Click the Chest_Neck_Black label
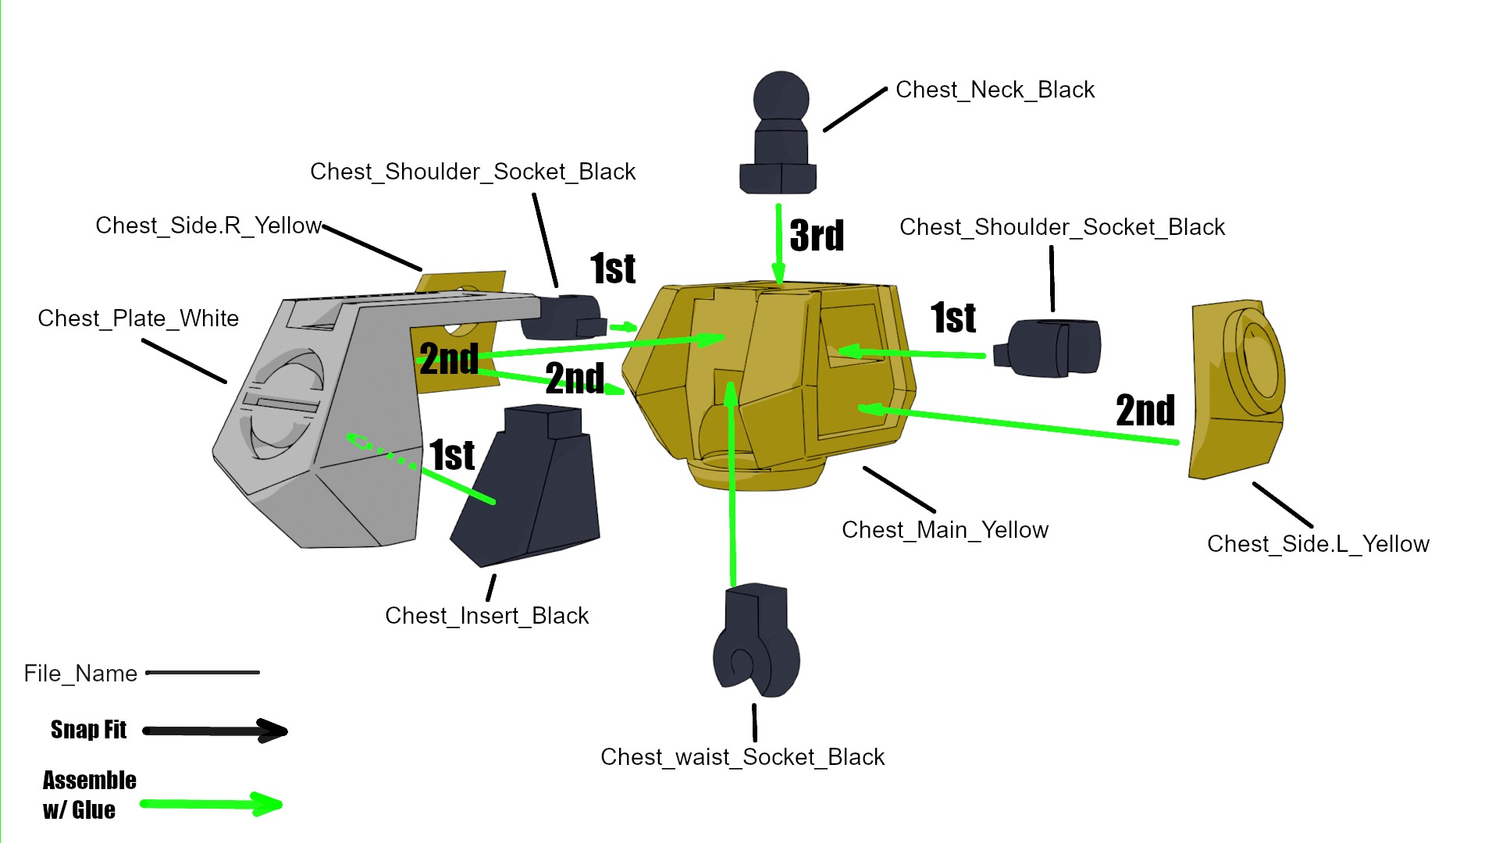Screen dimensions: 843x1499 pyautogui.click(x=995, y=90)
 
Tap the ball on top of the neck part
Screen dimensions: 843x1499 pyautogui.click(x=781, y=98)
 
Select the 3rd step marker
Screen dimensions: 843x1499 pyautogui.click(x=817, y=235)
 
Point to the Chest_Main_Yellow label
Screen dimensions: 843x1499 pyautogui.click(x=945, y=530)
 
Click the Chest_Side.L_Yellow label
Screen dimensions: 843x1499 pyautogui.click(x=1318, y=544)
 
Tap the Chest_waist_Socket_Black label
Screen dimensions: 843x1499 pyautogui.click(x=742, y=757)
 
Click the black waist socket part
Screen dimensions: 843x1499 pyautogui.click(x=756, y=640)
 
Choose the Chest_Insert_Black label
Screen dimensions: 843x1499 pyautogui.click(x=486, y=616)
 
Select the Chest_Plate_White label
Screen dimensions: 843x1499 pyautogui.click(x=138, y=318)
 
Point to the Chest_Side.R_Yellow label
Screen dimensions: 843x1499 pyautogui.click(x=208, y=226)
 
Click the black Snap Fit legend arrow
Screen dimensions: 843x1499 pyautogui.click(x=215, y=731)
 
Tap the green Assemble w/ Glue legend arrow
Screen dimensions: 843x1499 pyautogui.click(x=212, y=804)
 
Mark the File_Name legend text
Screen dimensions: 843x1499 pyautogui.click(x=80, y=674)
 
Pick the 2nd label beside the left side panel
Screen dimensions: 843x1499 pyautogui.click(x=1145, y=411)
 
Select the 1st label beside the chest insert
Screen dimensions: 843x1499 pyautogui.click(x=452, y=455)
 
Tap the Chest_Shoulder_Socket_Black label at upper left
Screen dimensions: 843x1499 pyautogui.click(x=472, y=172)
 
